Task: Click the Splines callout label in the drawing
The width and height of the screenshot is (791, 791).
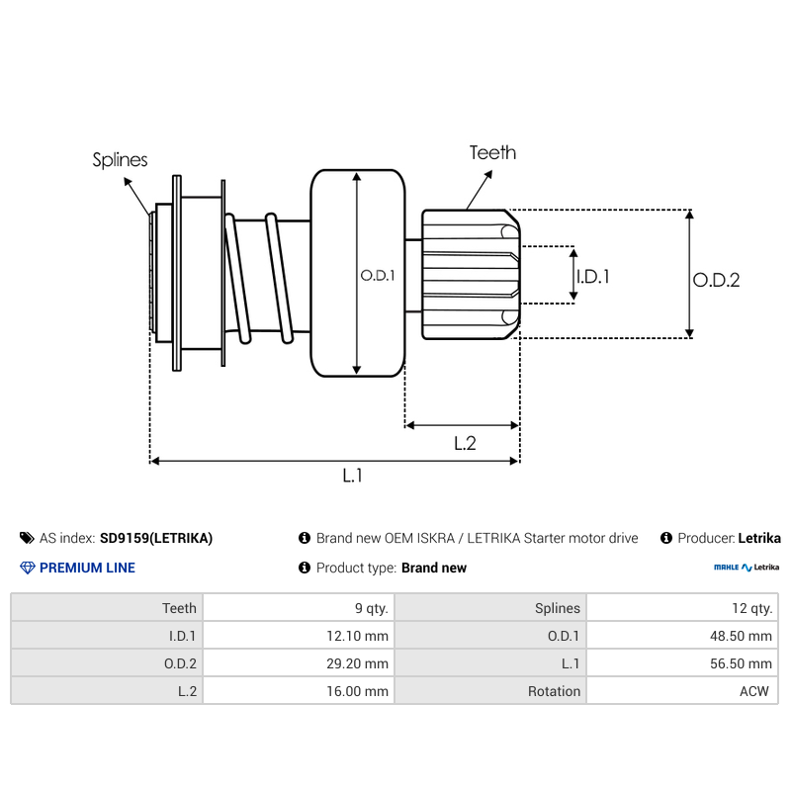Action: tap(120, 159)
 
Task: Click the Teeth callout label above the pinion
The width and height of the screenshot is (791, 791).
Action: tap(492, 152)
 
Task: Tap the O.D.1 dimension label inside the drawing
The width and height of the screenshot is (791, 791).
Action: tap(378, 276)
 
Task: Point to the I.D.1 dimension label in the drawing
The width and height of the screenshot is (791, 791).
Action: tap(592, 277)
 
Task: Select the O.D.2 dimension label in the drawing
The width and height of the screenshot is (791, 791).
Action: tap(716, 280)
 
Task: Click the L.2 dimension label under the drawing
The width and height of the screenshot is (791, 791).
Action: tap(465, 444)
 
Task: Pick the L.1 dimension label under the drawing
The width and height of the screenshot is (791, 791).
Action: tap(353, 476)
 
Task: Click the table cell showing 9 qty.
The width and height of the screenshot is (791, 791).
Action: tap(298, 608)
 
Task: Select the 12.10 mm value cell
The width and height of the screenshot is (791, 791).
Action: tap(298, 636)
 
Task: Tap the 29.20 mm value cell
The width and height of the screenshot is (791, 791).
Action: tap(298, 663)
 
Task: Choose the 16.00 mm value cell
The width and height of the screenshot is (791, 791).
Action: tap(298, 691)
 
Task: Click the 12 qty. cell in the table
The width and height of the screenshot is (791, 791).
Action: tap(681, 608)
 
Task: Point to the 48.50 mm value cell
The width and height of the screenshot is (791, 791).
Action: tap(681, 636)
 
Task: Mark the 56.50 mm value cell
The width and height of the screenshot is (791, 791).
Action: tap(681, 663)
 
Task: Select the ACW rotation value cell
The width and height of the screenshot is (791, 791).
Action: tap(681, 691)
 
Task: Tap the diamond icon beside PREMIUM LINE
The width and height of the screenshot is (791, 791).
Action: tap(27, 568)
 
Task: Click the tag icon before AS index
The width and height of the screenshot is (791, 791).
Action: tap(27, 538)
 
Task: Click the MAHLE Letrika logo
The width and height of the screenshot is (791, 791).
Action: tap(747, 568)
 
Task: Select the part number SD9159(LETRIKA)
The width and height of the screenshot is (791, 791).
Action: tap(156, 538)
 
